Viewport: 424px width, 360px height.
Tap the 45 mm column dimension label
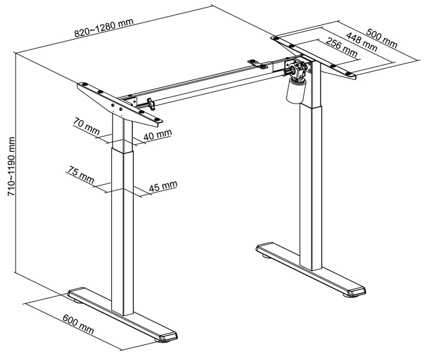coord(163,186)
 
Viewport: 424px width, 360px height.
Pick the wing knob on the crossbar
coord(150,101)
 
